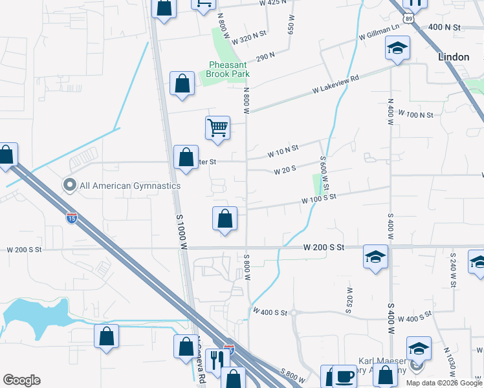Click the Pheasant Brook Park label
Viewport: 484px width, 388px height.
click(x=228, y=69)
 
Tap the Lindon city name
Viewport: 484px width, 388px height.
click(x=454, y=57)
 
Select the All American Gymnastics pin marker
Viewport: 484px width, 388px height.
click(x=70, y=186)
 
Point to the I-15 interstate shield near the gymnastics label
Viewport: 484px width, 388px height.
click(x=72, y=218)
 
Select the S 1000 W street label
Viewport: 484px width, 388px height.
click(x=182, y=232)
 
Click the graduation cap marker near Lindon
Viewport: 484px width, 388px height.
click(x=397, y=48)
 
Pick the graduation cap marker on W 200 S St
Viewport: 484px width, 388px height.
click(x=375, y=257)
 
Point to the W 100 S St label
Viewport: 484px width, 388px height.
click(x=319, y=199)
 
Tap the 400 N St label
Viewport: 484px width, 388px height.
click(x=444, y=27)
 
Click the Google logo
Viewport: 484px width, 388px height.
click(x=21, y=380)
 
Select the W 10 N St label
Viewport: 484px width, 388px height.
click(x=283, y=152)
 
